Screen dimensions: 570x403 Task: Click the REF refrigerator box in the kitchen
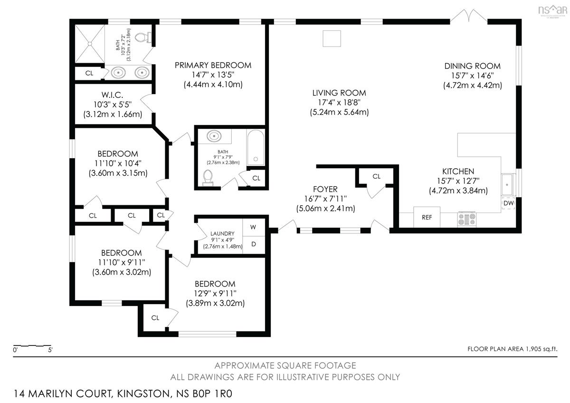click(x=427, y=217)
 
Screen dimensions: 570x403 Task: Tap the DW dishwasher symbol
click(x=508, y=203)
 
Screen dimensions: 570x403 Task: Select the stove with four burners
click(x=466, y=219)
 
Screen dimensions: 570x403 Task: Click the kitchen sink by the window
click(x=508, y=185)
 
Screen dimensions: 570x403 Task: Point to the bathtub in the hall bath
click(x=256, y=148)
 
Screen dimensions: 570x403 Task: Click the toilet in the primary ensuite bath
click(x=143, y=38)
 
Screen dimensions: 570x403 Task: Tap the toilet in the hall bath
click(x=208, y=177)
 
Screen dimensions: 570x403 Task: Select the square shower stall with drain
click(x=90, y=44)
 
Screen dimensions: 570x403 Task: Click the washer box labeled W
click(x=254, y=227)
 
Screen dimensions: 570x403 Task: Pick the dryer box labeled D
click(x=254, y=244)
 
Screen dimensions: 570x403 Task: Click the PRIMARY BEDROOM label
click(x=213, y=66)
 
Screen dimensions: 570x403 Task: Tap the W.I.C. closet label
click(x=112, y=95)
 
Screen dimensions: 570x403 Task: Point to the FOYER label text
click(x=325, y=189)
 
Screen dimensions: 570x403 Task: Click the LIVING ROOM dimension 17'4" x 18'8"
click(x=339, y=102)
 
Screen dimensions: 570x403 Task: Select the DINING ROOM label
click(x=473, y=66)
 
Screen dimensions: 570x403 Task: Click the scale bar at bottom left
click(x=32, y=346)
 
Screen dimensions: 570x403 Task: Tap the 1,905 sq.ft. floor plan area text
click(x=541, y=349)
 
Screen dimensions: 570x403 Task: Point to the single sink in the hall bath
click(x=214, y=136)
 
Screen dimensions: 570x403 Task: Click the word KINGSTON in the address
click(x=143, y=393)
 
